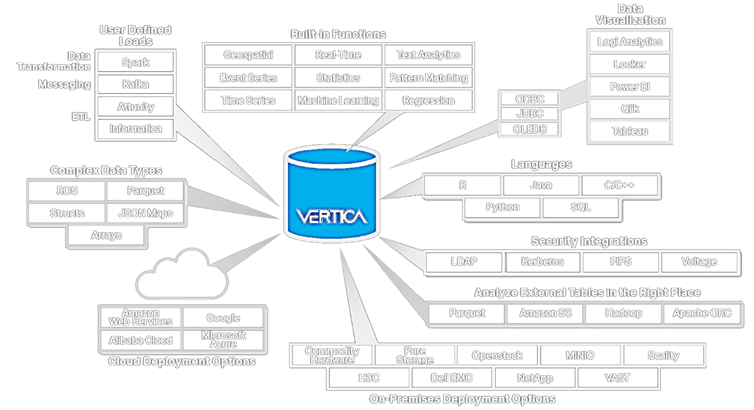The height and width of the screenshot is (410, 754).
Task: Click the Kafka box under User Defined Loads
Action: tap(136, 84)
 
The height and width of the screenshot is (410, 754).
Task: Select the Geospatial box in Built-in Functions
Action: tap(248, 55)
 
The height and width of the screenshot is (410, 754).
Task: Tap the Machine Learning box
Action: tap(338, 101)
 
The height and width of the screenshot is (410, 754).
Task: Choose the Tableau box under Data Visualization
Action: tap(630, 131)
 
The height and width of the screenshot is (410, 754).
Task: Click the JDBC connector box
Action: tap(530, 114)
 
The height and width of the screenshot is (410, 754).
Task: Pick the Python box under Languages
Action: tap(503, 207)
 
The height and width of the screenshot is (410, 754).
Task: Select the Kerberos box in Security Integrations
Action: tap(542, 261)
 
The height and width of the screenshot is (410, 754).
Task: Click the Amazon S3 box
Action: tap(545, 313)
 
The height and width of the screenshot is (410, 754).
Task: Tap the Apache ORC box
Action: tap(702, 313)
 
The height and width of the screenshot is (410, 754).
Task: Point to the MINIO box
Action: tap(580, 356)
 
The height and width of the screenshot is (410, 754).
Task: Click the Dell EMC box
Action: tap(452, 378)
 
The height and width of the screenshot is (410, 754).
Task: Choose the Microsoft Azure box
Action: tap(223, 340)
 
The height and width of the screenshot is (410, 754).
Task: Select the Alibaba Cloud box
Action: tap(140, 340)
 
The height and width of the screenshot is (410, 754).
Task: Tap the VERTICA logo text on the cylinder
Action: tap(332, 216)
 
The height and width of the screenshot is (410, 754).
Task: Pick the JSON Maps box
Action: tap(146, 213)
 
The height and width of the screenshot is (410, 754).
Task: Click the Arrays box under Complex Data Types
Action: tap(106, 236)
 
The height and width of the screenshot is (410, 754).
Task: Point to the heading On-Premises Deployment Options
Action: tap(462, 399)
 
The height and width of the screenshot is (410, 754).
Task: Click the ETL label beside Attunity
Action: tap(81, 117)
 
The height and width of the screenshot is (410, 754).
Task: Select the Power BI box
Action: tap(630, 87)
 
